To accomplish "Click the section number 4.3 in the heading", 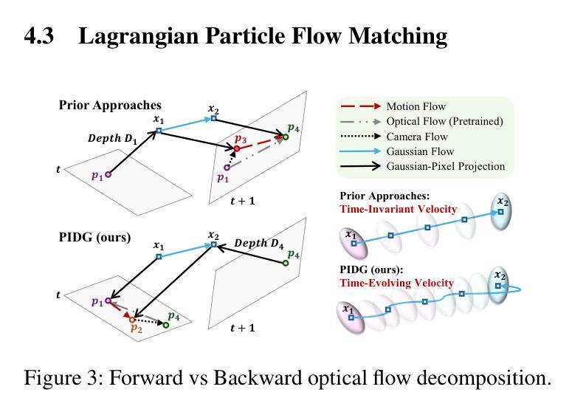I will pos(39,35).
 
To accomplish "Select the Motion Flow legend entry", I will pos(416,106).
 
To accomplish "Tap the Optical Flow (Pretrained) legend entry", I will pos(444,121).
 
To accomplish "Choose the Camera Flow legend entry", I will pos(416,137).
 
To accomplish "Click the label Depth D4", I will pos(258,243).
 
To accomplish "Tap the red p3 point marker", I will pos(237,149).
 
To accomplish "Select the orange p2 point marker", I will pos(132,320).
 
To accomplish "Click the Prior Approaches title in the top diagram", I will pos(110,106).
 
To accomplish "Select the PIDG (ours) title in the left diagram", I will pos(94,238).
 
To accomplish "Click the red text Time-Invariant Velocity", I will pos(398,209).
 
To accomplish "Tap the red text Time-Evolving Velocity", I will pos(396,283).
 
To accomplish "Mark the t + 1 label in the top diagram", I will pos(242,200).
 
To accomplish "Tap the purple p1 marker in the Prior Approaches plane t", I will pos(108,174).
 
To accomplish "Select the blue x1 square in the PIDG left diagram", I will pos(159,257).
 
